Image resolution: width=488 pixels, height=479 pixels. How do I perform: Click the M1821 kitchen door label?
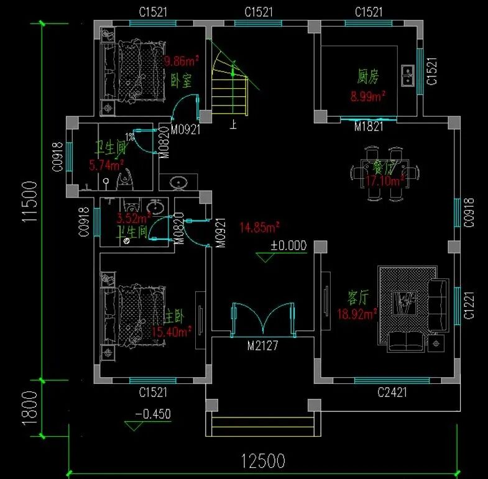point(368,126)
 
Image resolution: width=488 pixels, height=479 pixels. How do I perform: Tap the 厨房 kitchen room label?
point(367,76)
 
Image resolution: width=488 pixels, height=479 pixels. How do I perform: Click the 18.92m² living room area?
point(357,314)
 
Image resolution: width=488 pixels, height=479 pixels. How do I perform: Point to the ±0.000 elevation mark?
point(288,245)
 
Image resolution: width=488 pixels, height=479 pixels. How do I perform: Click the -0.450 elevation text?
point(153,414)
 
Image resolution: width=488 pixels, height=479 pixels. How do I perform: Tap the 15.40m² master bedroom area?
point(172,332)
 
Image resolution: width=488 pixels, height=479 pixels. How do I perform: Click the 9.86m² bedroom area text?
point(181,62)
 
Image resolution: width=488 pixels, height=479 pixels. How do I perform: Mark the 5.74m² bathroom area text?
point(107,165)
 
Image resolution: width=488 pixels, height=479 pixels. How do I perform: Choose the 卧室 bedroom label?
point(181,80)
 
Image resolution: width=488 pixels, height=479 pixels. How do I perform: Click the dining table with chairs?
point(385,173)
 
